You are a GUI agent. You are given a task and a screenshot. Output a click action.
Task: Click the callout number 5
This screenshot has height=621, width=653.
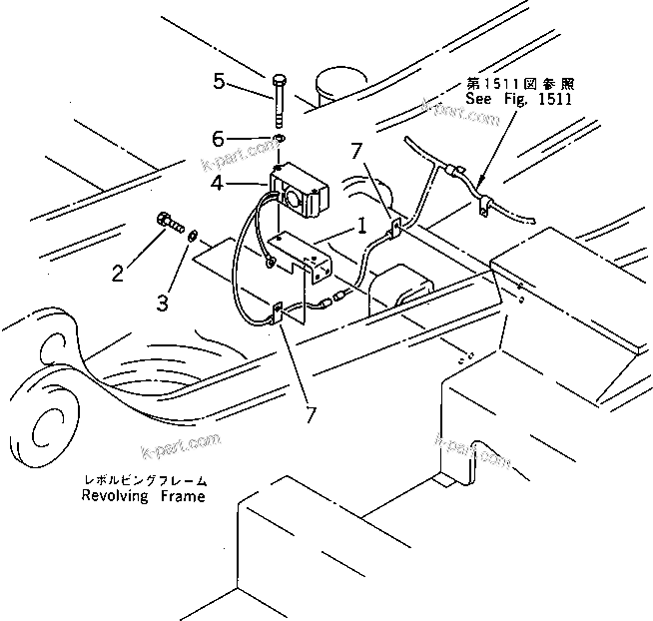pos(220,82)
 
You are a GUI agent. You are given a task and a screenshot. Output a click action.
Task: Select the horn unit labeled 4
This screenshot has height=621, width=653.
pos(301,190)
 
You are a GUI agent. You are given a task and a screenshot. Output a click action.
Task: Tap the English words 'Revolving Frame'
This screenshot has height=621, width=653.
pos(145,496)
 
